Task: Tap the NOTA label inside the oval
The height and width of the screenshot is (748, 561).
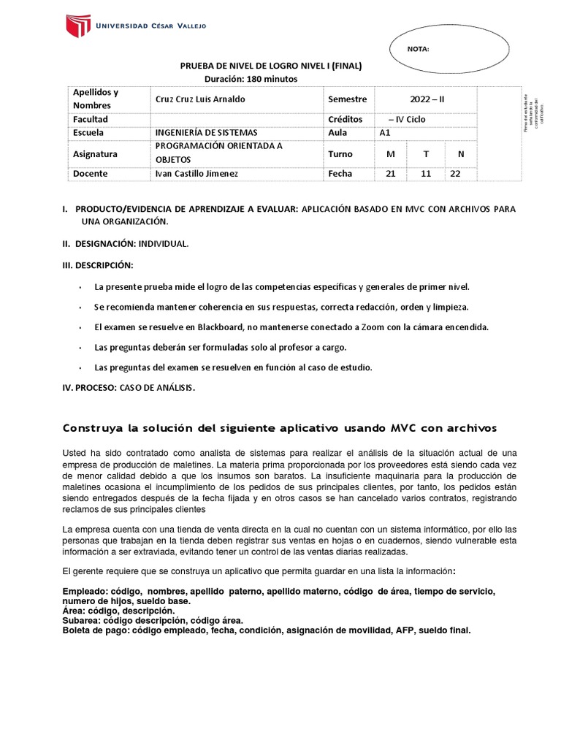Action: [419, 50]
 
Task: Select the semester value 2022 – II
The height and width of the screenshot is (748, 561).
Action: [426, 99]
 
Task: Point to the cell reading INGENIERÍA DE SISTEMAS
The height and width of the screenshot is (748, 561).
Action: [207, 133]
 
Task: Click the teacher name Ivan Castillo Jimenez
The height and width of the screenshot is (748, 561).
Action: [196, 174]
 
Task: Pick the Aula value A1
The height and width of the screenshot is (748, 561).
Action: [386, 133]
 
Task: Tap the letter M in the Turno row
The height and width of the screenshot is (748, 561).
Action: [390, 154]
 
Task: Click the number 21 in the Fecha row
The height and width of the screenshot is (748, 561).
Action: [390, 174]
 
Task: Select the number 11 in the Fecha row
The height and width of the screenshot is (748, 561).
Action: [425, 174]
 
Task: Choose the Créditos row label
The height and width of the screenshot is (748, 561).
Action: [346, 119]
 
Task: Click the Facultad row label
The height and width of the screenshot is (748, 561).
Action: [90, 119]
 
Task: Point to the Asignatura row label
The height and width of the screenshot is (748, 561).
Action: [95, 154]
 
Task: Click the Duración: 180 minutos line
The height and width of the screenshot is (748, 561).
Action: [251, 79]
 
